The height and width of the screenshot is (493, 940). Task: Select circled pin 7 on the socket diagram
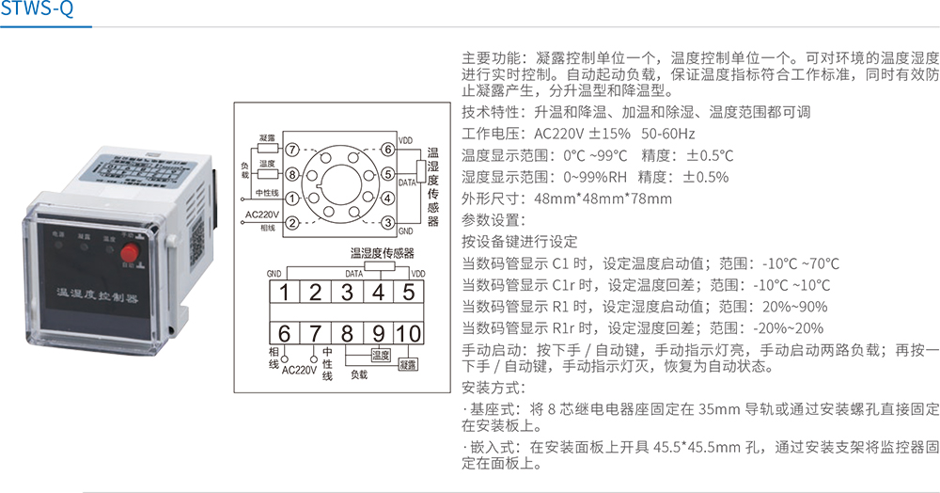click(292, 149)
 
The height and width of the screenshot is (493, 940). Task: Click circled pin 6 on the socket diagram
click(387, 149)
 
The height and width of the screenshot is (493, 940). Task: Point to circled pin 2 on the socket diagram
click(292, 223)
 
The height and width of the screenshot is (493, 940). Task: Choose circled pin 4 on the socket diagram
click(387, 199)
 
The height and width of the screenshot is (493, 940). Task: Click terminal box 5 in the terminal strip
click(409, 292)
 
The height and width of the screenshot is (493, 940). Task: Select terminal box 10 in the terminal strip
click(409, 332)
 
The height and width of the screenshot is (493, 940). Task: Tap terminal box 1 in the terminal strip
click(283, 292)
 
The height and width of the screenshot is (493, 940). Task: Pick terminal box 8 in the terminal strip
click(347, 332)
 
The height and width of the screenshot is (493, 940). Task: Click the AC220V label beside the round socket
click(263, 214)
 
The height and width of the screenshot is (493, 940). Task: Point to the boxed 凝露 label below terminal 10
click(408, 363)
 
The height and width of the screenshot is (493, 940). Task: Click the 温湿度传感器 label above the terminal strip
click(382, 252)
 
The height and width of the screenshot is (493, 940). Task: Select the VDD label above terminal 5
click(417, 273)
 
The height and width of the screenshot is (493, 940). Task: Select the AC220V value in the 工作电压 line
click(542, 134)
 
